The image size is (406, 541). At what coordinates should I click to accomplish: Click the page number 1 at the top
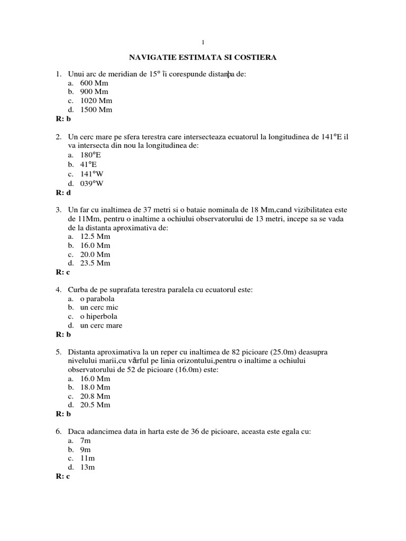click(x=203, y=42)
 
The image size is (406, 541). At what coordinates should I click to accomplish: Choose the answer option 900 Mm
click(x=94, y=92)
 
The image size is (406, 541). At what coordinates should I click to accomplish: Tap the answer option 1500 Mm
click(x=96, y=110)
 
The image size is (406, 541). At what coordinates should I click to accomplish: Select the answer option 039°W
click(x=92, y=183)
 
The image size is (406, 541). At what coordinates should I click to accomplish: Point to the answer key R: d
click(x=63, y=193)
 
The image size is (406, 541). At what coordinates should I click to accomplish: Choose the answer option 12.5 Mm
click(x=95, y=237)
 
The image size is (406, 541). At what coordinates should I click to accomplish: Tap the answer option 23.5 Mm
click(x=95, y=263)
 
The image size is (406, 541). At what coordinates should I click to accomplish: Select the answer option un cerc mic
click(x=99, y=307)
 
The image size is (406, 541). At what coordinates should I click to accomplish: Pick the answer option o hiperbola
click(x=99, y=316)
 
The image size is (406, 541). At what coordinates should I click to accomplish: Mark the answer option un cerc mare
click(x=101, y=325)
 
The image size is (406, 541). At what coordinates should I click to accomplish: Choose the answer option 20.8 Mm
click(x=95, y=396)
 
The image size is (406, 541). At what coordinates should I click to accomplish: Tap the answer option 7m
click(x=86, y=441)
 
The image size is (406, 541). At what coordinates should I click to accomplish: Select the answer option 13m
click(x=88, y=468)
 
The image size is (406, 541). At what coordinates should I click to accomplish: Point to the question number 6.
click(x=59, y=432)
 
